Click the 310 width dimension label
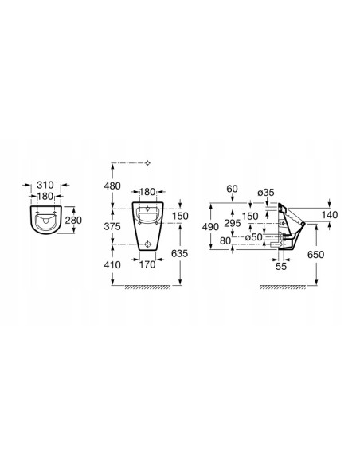pyautogui.click(x=45, y=185)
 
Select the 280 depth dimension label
pyautogui.click(x=73, y=221)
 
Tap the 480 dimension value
pyautogui.click(x=112, y=186)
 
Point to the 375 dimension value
pyautogui.click(x=112, y=227)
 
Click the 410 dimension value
pyautogui.click(x=112, y=264)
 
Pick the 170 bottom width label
pyautogui.click(x=147, y=264)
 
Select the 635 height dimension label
pyautogui.click(x=180, y=253)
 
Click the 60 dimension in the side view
pyautogui.click(x=233, y=189)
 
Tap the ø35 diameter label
pyautogui.click(x=266, y=193)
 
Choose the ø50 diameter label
pyautogui.click(x=254, y=237)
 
